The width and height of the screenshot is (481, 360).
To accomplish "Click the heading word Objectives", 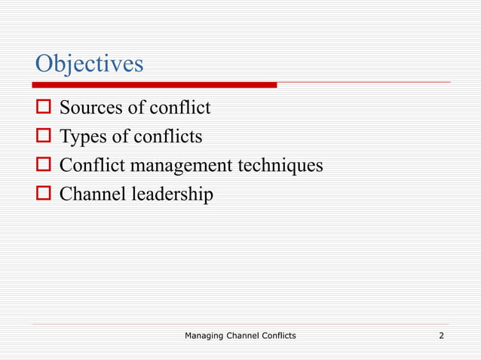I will tap(89, 64).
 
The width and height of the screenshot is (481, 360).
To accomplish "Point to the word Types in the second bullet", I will tap(83, 137).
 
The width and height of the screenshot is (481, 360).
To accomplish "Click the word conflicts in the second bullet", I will tap(168, 137).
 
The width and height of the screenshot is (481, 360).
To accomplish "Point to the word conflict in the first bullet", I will tap(180, 108).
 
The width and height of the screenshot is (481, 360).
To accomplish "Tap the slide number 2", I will tap(441, 334).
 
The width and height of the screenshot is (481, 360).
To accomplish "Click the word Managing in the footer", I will tap(205, 334).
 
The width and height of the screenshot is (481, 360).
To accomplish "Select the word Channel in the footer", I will tap(246, 334).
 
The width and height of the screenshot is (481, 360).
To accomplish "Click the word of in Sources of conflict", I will tap(136, 108).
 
